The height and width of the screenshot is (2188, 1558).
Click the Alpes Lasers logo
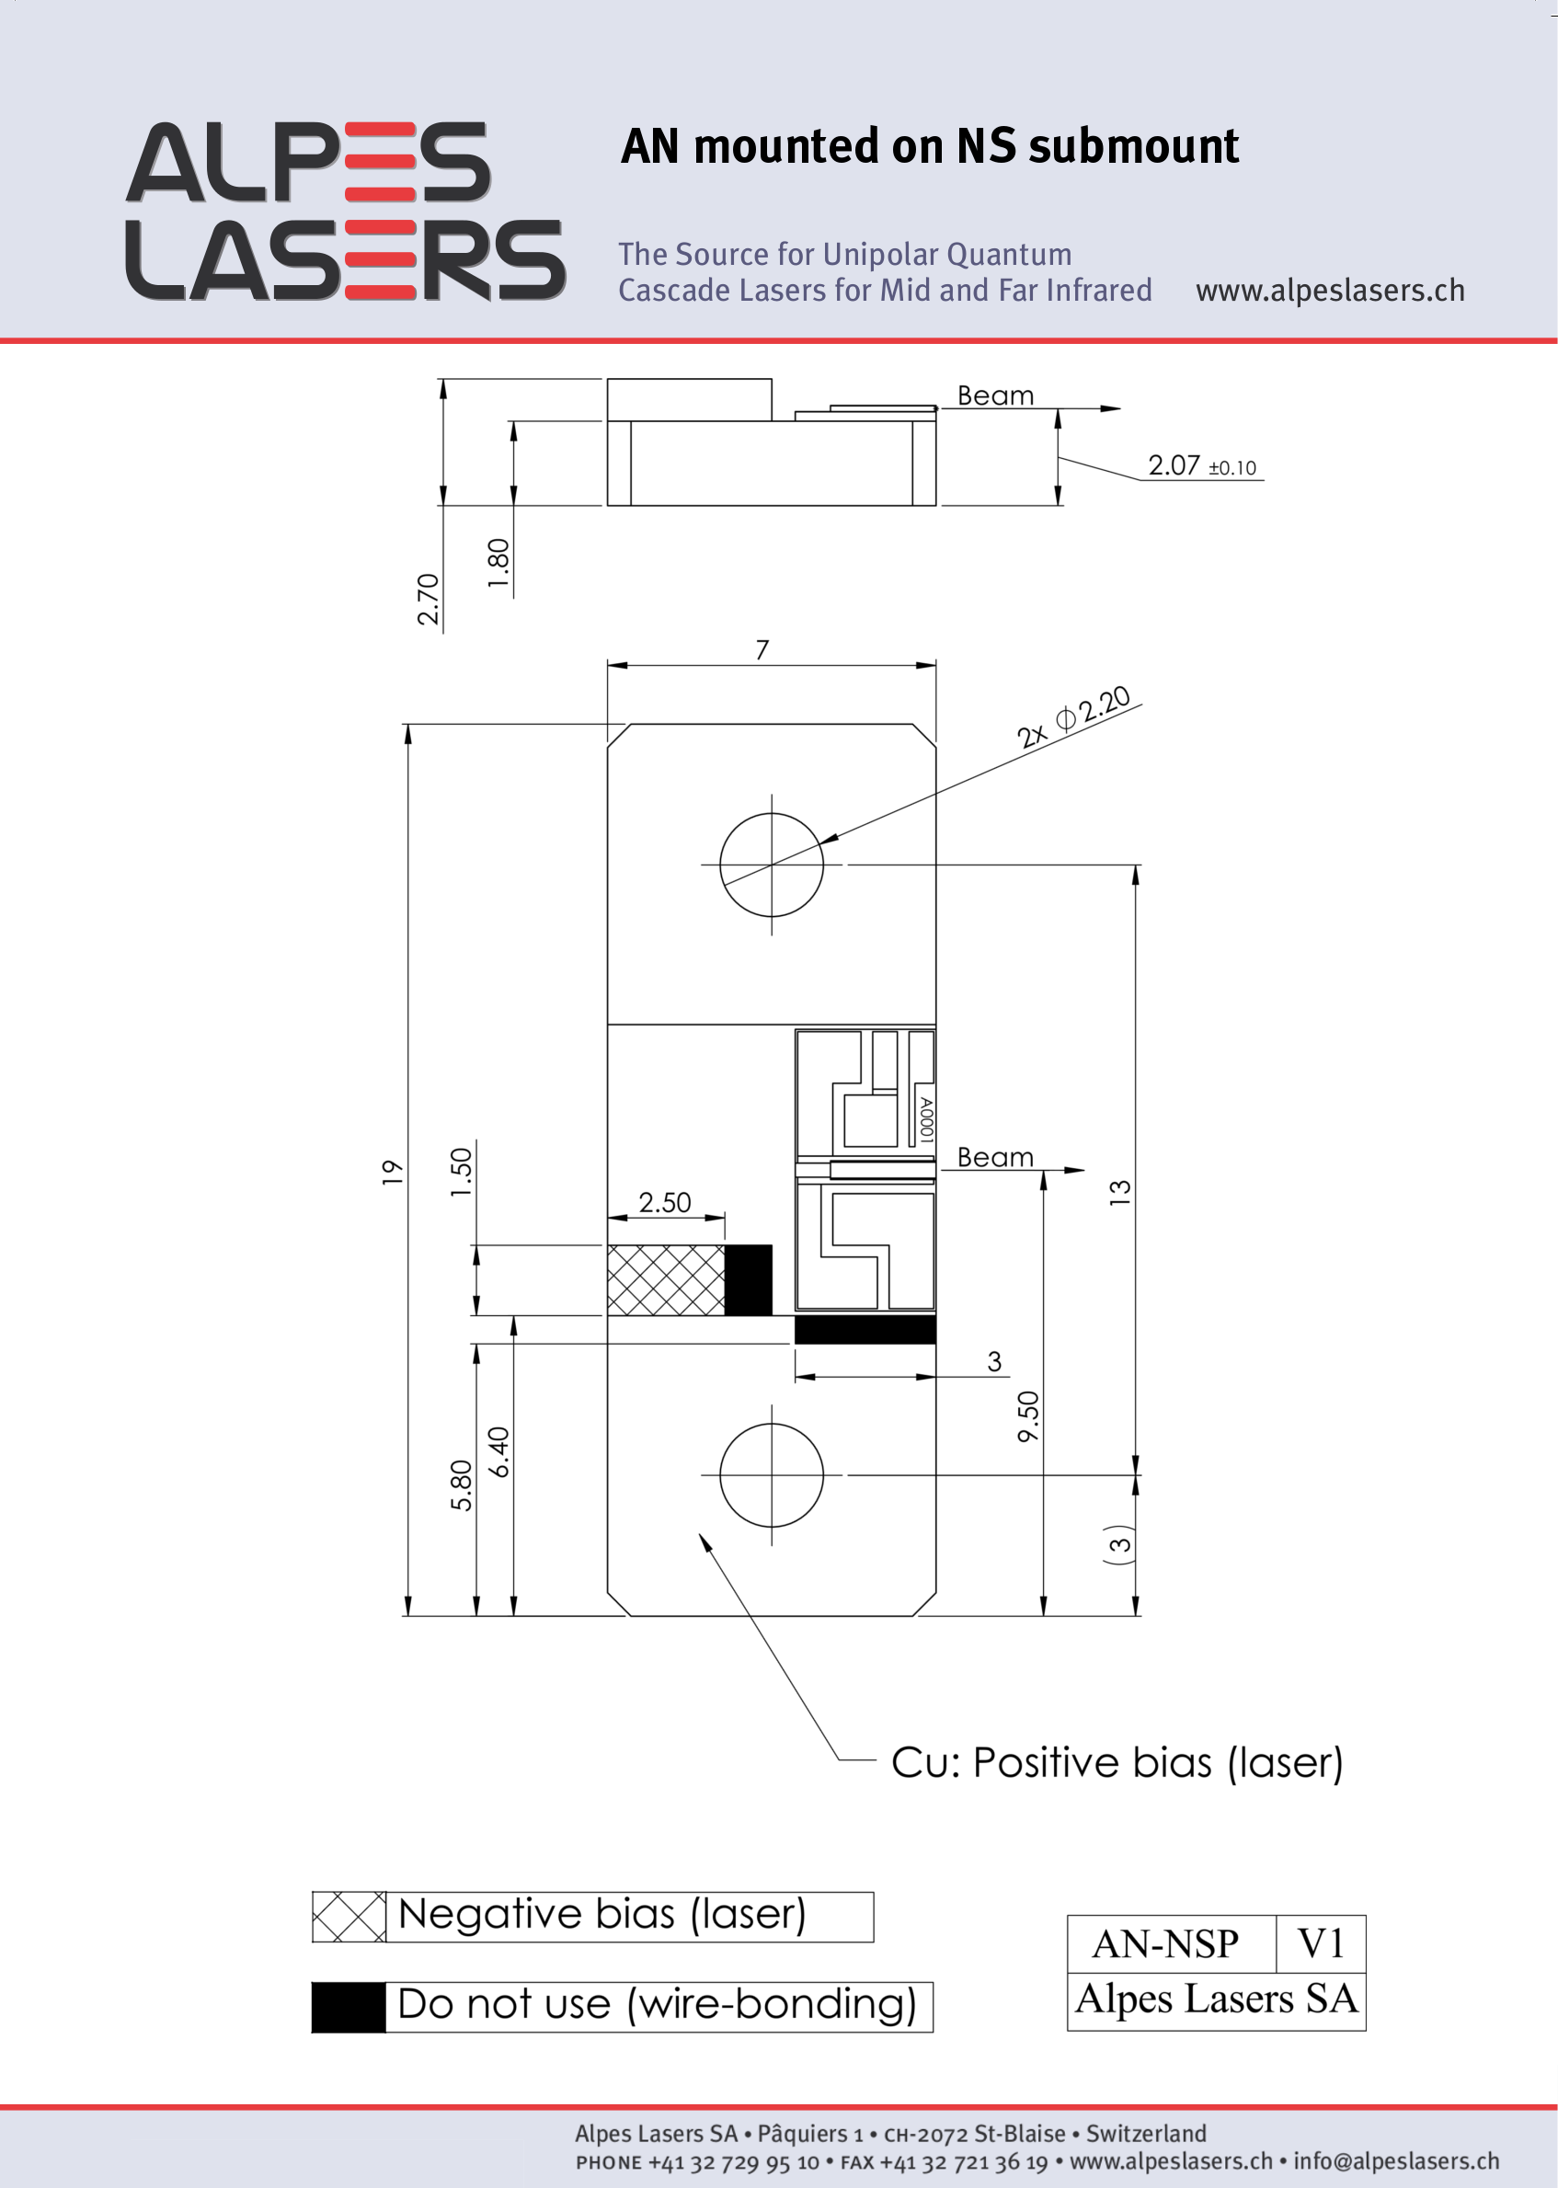346,211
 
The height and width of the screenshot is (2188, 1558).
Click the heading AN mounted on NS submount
930,147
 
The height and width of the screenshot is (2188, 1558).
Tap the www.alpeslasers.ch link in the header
1330,290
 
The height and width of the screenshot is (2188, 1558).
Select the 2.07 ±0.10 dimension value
1201,466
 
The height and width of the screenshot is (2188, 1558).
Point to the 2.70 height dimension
428,600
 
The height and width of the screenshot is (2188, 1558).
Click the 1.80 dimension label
498,564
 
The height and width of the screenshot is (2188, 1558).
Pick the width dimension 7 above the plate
762,649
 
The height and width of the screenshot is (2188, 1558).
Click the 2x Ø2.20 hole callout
1073,716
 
